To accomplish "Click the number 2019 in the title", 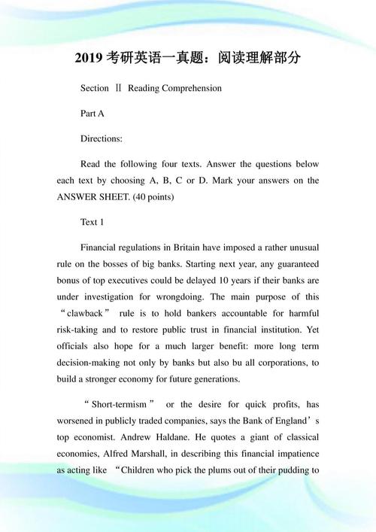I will pyautogui.click(x=90, y=57).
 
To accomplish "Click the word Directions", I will pyautogui.click(x=102, y=138).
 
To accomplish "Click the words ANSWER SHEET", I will pyautogui.click(x=88, y=197).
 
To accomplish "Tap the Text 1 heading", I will pyautogui.click(x=92, y=223).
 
